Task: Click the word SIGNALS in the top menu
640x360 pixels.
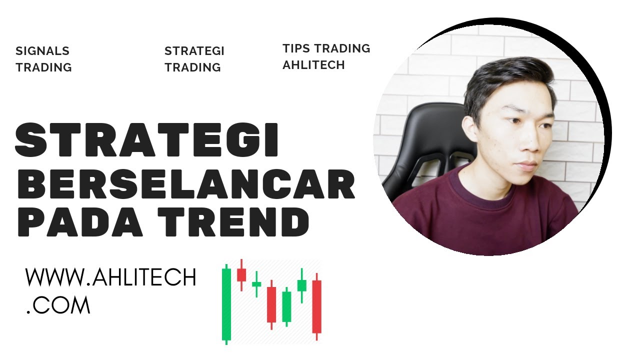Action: pyautogui.click(x=42, y=51)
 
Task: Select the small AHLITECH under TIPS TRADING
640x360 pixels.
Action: pyautogui.click(x=313, y=65)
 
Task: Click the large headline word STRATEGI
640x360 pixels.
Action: pyautogui.click(x=146, y=140)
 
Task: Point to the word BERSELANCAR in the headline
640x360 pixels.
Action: pyautogui.click(x=186, y=183)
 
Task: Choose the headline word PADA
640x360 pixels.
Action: pyautogui.click(x=80, y=222)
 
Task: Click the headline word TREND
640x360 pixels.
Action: pyautogui.click(x=233, y=222)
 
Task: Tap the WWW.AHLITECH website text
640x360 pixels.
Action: pyautogui.click(x=111, y=277)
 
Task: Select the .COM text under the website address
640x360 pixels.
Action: pyautogui.click(x=58, y=305)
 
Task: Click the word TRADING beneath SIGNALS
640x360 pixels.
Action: pyautogui.click(x=43, y=67)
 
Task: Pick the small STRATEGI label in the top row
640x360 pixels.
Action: pyautogui.click(x=194, y=51)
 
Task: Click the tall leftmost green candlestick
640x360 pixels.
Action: pyautogui.click(x=226, y=304)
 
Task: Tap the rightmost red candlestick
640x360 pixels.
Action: pyautogui.click(x=316, y=307)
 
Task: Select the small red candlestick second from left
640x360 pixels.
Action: pyautogui.click(x=241, y=275)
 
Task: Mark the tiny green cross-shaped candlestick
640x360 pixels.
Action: pyautogui.click(x=256, y=284)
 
